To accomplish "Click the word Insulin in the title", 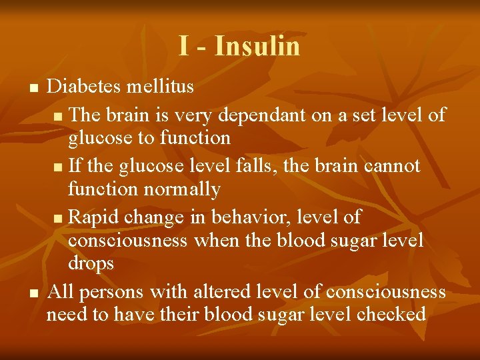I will (258, 46).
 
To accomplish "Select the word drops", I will (91, 264).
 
